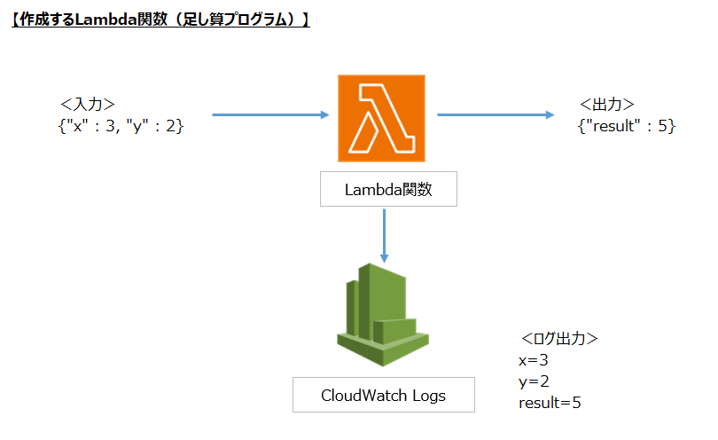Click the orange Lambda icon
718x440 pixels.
pos(381,118)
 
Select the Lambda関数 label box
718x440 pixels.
pos(388,189)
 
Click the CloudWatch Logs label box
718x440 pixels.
pos(383,395)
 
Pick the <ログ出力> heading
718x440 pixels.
pos(558,340)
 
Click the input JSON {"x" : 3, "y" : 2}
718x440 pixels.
pos(121,126)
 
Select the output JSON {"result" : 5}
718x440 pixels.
pos(626,126)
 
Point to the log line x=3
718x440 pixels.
pos(535,360)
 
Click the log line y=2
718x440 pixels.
pos(535,381)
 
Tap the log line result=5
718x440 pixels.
pos(550,403)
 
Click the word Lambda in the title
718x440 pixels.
pos(103,20)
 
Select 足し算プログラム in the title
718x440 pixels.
pos(237,20)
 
